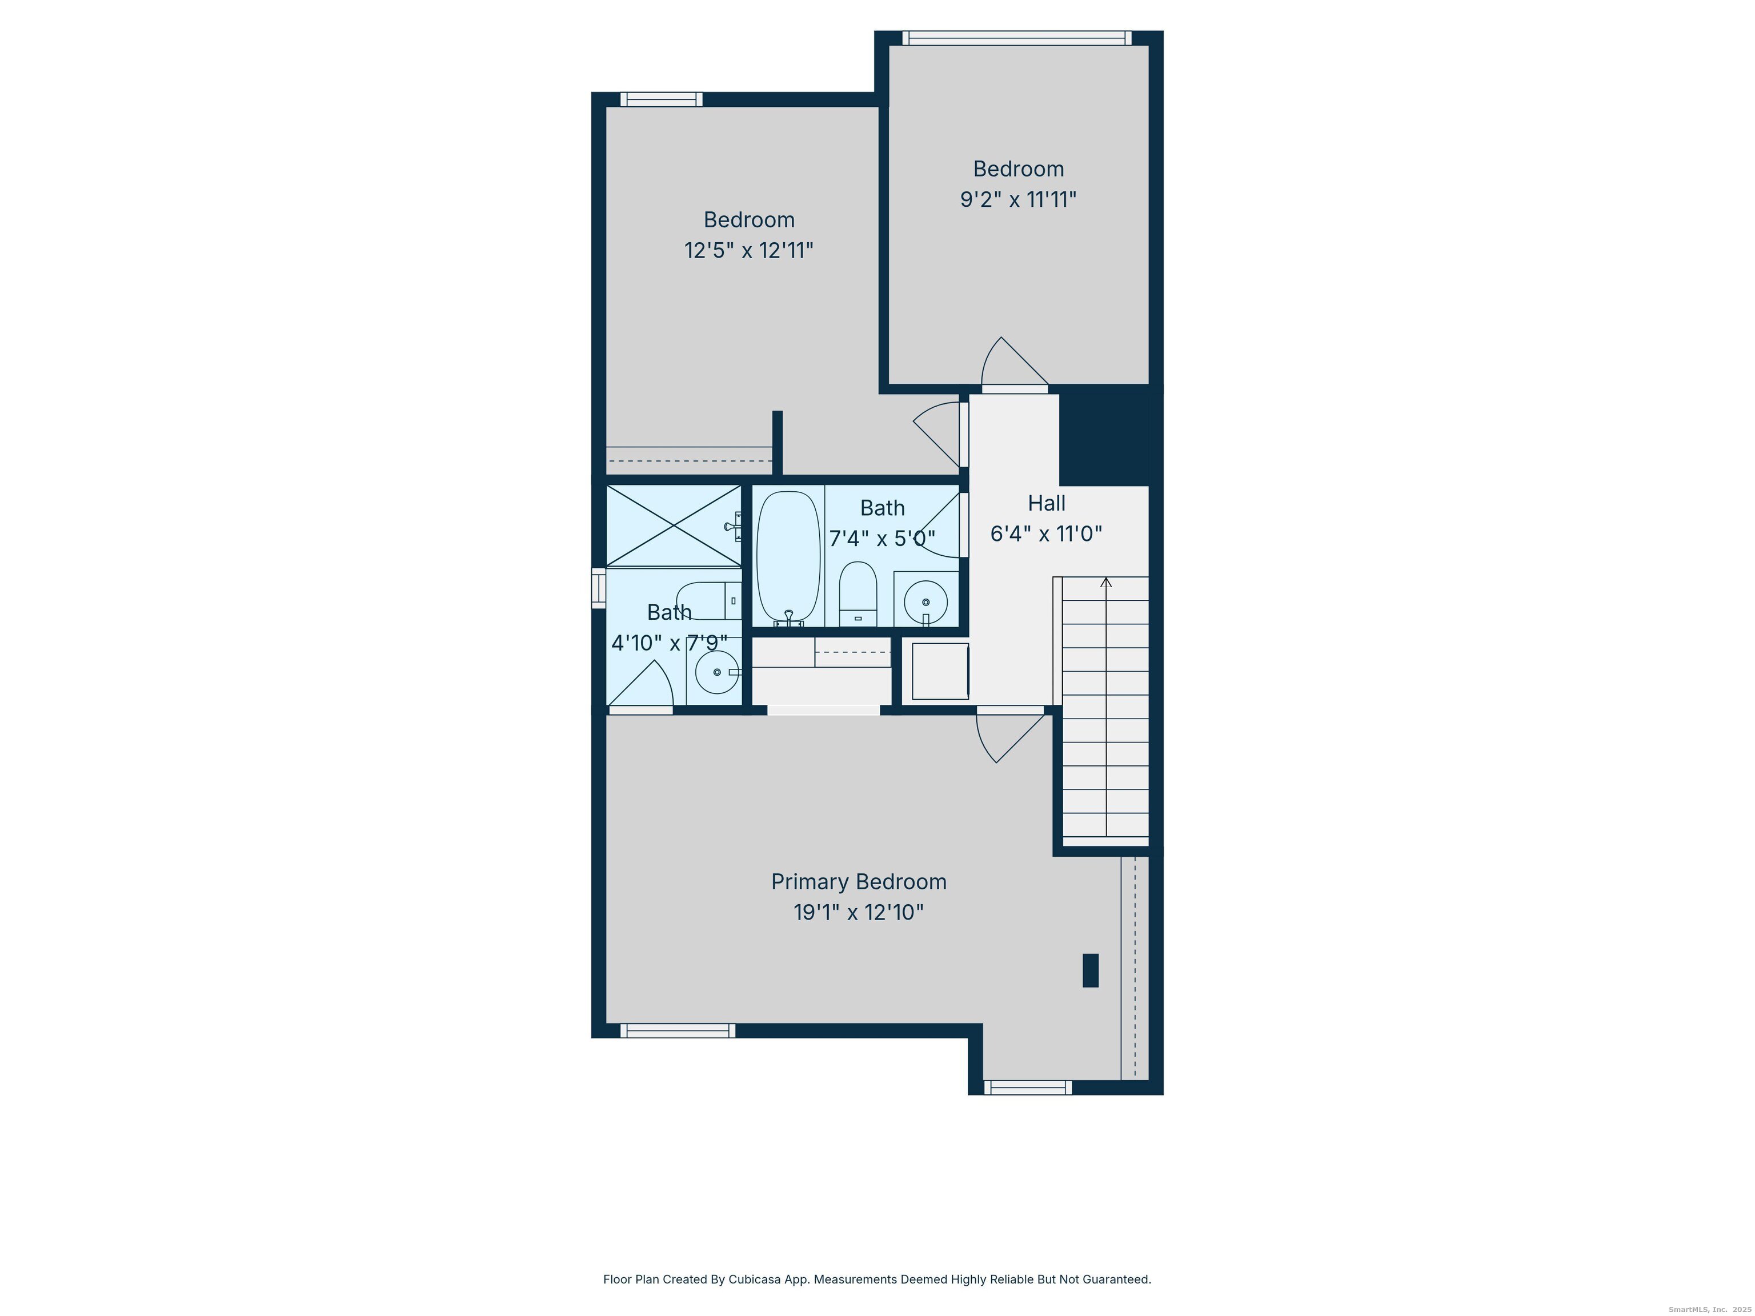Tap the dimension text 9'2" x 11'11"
coord(1018,199)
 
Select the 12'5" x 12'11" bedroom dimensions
coord(748,251)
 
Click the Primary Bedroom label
coord(859,881)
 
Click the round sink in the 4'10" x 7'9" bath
coord(716,672)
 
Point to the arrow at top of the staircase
coord(1106,583)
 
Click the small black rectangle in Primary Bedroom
coord(1090,970)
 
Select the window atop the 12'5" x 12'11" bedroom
coord(661,99)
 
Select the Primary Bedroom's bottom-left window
coord(677,1030)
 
